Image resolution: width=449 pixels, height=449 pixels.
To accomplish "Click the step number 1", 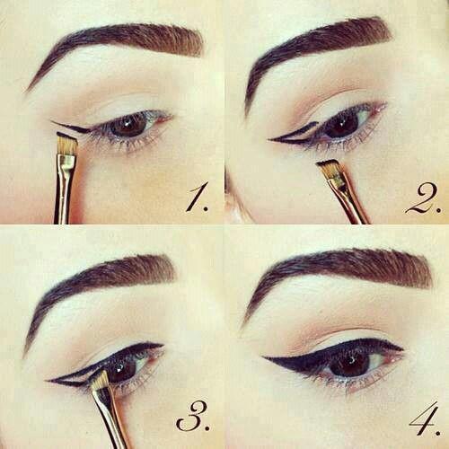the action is pos(197,198).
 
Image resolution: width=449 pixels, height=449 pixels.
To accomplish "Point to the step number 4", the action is pos(425,417).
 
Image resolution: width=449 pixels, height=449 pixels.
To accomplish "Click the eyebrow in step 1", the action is pos(119,45).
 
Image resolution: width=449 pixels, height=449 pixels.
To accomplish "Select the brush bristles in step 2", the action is pos(330,168).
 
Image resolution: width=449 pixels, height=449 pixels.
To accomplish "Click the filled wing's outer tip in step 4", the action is pos(263,357).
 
